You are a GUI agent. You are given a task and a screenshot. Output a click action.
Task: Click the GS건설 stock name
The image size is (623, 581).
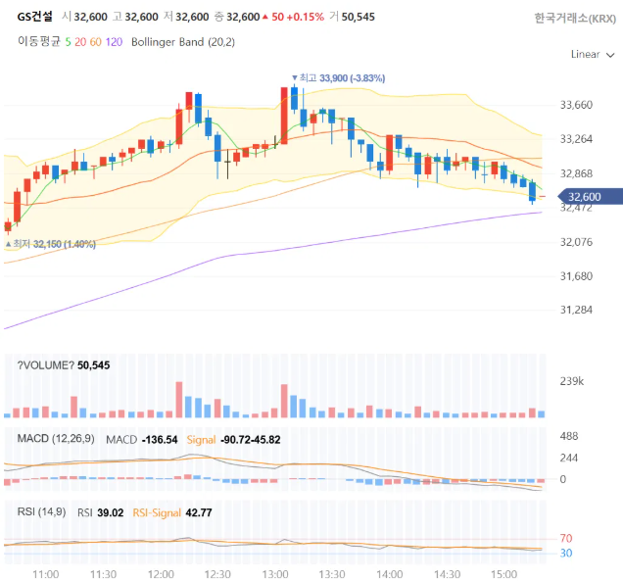[34, 17]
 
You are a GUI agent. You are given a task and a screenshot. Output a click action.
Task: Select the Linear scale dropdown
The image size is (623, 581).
[593, 55]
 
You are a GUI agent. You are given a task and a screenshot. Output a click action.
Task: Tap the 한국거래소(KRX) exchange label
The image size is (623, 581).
[575, 19]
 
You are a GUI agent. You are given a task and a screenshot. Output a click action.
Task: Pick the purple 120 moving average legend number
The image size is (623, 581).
[114, 42]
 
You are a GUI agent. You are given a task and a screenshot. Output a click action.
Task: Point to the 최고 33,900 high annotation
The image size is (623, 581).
[339, 77]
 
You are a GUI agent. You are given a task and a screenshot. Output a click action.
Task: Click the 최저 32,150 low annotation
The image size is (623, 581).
[51, 244]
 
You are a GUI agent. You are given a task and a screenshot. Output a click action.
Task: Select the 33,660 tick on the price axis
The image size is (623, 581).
[576, 105]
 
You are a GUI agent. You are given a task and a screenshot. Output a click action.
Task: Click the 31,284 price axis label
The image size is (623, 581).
[576, 310]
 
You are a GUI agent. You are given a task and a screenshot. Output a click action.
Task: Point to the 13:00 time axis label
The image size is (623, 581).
[275, 574]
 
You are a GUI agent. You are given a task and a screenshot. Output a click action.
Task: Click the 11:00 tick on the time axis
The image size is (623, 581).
[46, 574]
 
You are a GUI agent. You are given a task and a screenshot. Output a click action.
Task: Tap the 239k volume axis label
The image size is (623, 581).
[572, 381]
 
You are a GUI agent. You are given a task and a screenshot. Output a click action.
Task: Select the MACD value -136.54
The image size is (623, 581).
[160, 440]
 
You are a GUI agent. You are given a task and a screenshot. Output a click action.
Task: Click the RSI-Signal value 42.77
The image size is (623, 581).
[199, 512]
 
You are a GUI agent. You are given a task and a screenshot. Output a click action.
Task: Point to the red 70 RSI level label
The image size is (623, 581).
[566, 539]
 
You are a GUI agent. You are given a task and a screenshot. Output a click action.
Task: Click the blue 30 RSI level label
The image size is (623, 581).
[566, 553]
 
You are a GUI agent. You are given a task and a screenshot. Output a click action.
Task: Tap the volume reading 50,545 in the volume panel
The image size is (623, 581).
[94, 365]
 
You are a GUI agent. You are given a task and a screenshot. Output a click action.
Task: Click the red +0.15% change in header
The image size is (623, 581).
[306, 17]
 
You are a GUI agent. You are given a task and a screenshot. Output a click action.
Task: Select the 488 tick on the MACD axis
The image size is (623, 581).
[569, 436]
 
